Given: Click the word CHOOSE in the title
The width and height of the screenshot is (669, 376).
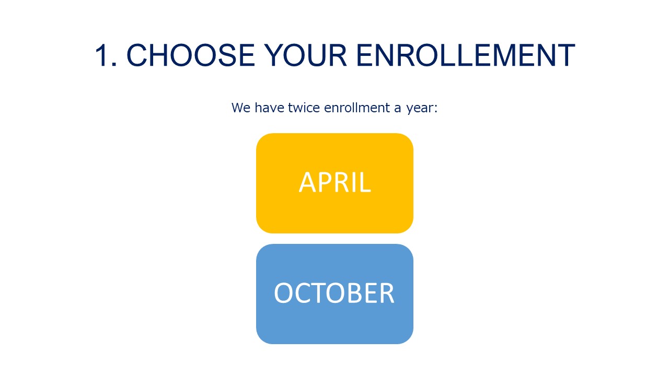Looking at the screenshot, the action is (191, 55).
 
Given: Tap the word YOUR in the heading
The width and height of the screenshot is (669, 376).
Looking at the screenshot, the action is (306, 55).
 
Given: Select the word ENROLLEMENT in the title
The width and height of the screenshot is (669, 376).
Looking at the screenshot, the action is (466, 55).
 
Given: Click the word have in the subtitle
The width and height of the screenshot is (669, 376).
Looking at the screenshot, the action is (269, 108).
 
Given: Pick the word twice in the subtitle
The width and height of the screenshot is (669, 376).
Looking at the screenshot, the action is (304, 108).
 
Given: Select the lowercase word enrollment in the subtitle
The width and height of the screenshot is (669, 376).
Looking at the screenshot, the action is (357, 108).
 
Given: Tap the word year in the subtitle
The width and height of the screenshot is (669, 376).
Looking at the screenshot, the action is (421, 109).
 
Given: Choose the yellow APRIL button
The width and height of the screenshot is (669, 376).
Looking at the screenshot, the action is (334, 183).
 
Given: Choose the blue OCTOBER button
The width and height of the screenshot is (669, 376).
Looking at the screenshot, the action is (334, 294).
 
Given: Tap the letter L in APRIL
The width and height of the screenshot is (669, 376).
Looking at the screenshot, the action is (365, 182).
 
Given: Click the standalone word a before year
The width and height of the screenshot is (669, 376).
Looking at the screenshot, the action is (397, 109).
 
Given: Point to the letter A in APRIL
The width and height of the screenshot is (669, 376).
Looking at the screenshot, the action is (308, 182).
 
